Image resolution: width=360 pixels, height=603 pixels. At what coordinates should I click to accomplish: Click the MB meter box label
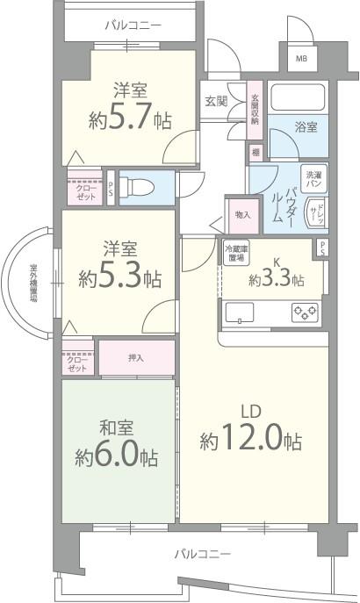pos(301,60)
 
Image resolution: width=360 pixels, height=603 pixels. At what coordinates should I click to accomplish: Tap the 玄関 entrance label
pos(216,102)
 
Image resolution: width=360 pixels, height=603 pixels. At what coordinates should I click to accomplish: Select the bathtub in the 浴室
pos(297,96)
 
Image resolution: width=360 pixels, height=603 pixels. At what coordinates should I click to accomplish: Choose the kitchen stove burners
pos(305,312)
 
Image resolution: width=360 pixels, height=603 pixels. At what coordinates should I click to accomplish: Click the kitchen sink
pos(240,312)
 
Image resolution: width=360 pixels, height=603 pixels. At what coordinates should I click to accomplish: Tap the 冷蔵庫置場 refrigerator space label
pos(234,253)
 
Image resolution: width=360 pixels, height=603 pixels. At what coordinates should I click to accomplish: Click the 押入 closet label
pos(135,358)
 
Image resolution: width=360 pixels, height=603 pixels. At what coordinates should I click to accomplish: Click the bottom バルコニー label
pos(201,555)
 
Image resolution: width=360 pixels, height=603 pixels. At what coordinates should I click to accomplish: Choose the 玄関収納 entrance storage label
pos(256,109)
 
